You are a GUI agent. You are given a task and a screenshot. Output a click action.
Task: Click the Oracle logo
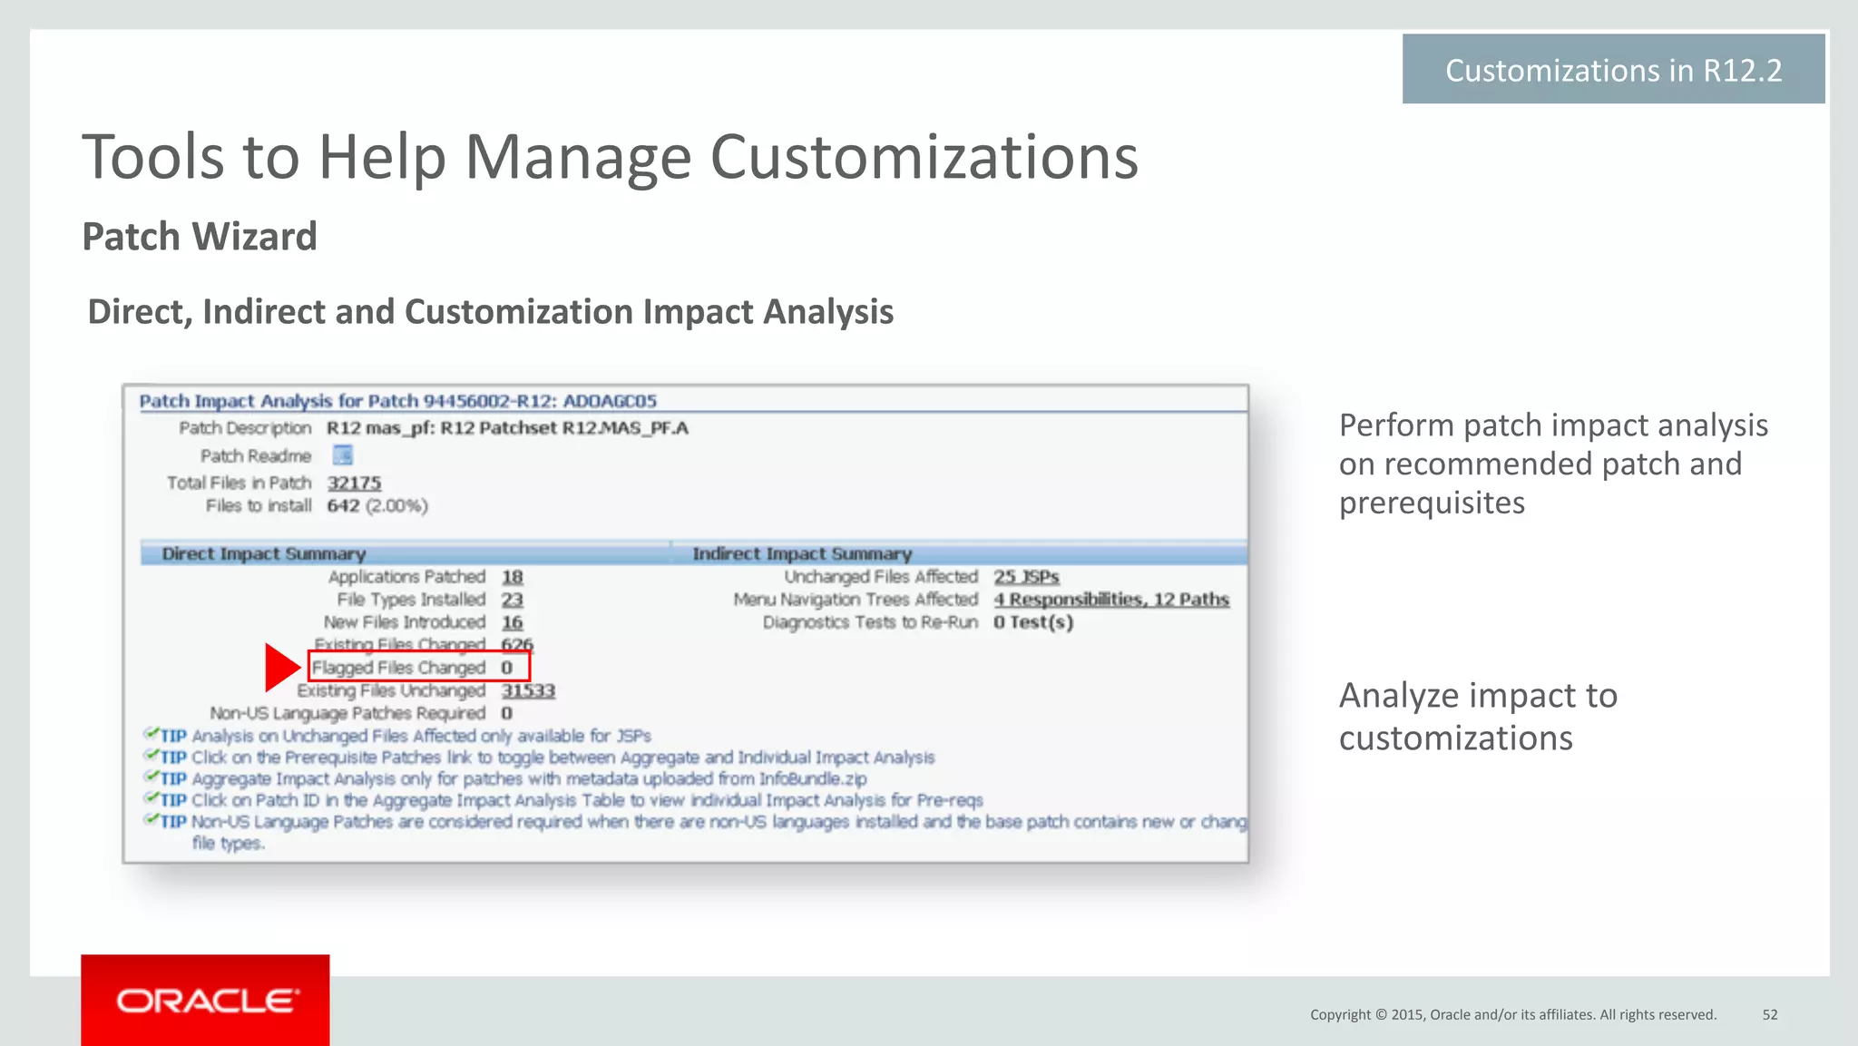pos(206,1001)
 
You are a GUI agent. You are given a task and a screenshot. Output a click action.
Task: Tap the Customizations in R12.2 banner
pos(1613,70)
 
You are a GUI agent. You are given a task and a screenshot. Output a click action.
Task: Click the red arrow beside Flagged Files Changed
pos(281,668)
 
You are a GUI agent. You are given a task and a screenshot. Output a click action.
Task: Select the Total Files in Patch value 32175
pos(354,483)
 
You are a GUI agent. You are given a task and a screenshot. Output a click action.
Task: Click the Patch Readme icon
pos(342,455)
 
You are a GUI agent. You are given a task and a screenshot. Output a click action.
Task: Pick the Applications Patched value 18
pos(513,577)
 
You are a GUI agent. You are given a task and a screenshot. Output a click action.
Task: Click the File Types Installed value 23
pos(513,600)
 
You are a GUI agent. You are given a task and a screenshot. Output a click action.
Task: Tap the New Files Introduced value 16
pos(513,622)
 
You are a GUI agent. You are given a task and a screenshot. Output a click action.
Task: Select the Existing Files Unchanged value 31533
pos(528,691)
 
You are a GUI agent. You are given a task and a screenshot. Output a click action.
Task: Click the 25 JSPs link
pos(1026,577)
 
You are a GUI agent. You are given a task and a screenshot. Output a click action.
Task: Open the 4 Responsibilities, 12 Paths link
pos(1111,600)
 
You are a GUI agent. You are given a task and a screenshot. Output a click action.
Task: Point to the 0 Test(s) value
pos(1032,622)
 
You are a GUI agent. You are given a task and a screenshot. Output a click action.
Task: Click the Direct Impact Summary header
pos(263,553)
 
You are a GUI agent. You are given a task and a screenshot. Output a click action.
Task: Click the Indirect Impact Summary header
pos(802,553)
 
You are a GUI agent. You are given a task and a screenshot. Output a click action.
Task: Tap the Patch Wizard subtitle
pos(200,237)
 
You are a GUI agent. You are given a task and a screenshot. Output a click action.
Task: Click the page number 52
pos(1770,1014)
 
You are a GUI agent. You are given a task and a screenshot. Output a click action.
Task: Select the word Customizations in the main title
pos(924,158)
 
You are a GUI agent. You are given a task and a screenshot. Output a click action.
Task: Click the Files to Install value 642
pos(343,505)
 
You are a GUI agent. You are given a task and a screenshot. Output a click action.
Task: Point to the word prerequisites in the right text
pos(1432,503)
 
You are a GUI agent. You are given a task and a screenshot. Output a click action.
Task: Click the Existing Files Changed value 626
pos(517,645)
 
